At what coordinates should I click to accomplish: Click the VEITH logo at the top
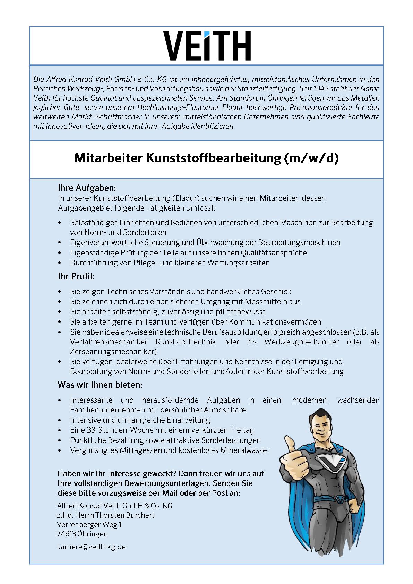[207, 46]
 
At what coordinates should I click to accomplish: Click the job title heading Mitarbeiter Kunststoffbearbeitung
[206, 158]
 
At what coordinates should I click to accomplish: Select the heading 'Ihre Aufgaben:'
[87, 188]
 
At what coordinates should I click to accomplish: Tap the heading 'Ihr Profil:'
[76, 277]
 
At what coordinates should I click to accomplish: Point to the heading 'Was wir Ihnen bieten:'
[100, 385]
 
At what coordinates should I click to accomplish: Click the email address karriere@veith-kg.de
[91, 547]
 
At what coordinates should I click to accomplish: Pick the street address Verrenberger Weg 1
[89, 524]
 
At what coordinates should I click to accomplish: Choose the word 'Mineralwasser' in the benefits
[247, 450]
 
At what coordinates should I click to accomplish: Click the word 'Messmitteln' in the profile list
[267, 301]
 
